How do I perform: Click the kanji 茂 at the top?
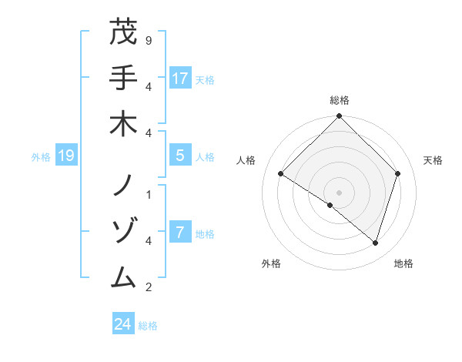point(123,33)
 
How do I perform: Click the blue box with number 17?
point(179,79)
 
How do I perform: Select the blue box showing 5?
point(179,156)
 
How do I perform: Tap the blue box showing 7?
point(179,233)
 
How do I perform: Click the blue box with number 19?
point(65,156)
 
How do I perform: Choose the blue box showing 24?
point(122,324)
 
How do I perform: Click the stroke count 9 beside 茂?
point(148,40)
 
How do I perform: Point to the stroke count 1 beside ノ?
point(148,194)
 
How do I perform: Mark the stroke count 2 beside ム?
point(148,287)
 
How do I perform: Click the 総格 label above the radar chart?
point(339,100)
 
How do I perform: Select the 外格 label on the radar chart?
point(271,264)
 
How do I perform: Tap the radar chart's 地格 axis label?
point(403,264)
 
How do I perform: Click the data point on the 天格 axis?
point(398,173)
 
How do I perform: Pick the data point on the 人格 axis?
point(281,174)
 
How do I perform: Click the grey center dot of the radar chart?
point(339,192)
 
